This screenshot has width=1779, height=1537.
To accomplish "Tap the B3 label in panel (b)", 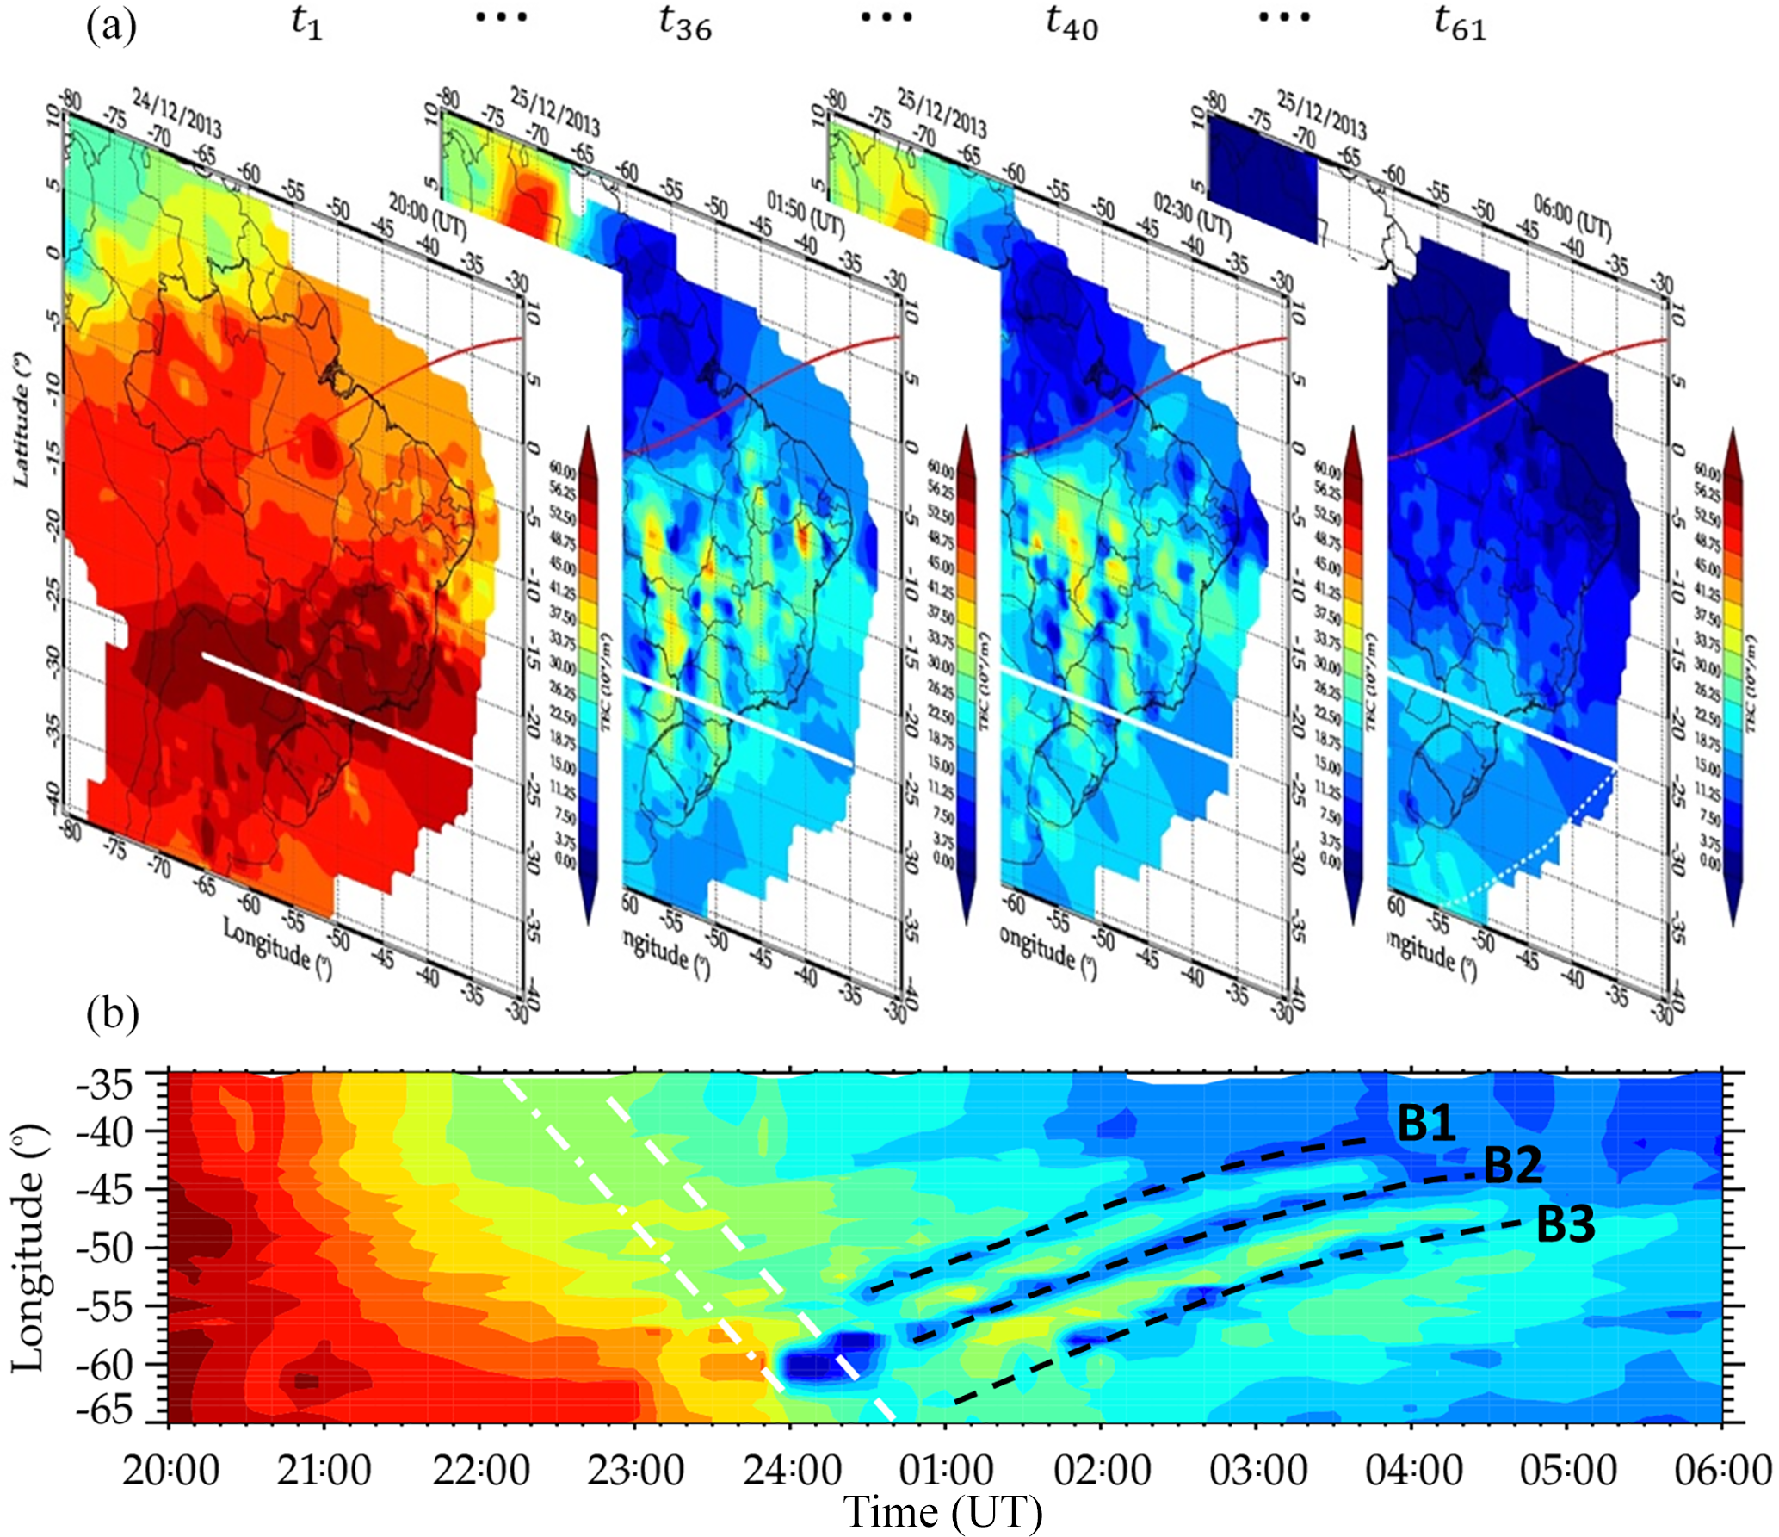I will click(x=1566, y=1224).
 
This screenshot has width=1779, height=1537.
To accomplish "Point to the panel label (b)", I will click(x=113, y=1013).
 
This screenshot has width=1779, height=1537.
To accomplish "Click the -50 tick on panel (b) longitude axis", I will click(x=105, y=1248).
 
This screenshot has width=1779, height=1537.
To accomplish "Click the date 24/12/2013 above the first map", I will click(x=176, y=112).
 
